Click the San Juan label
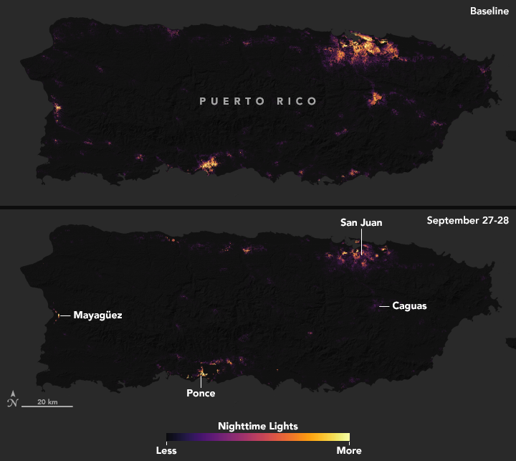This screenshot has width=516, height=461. (361, 223)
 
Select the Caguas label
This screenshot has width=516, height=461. (410, 306)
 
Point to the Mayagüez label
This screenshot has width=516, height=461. (97, 315)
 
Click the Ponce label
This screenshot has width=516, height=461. (201, 393)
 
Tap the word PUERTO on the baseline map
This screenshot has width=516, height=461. (228, 101)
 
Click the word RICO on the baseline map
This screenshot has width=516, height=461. (292, 101)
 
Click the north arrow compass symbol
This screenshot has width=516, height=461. (12, 399)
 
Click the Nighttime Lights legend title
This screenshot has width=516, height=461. (258, 425)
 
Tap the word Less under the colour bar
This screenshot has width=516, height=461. (166, 451)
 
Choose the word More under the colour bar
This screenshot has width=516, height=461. (350, 451)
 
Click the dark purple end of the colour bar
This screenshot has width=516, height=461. (171, 437)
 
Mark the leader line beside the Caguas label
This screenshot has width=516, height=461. (384, 306)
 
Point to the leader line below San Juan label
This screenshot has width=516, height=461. (361, 239)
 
